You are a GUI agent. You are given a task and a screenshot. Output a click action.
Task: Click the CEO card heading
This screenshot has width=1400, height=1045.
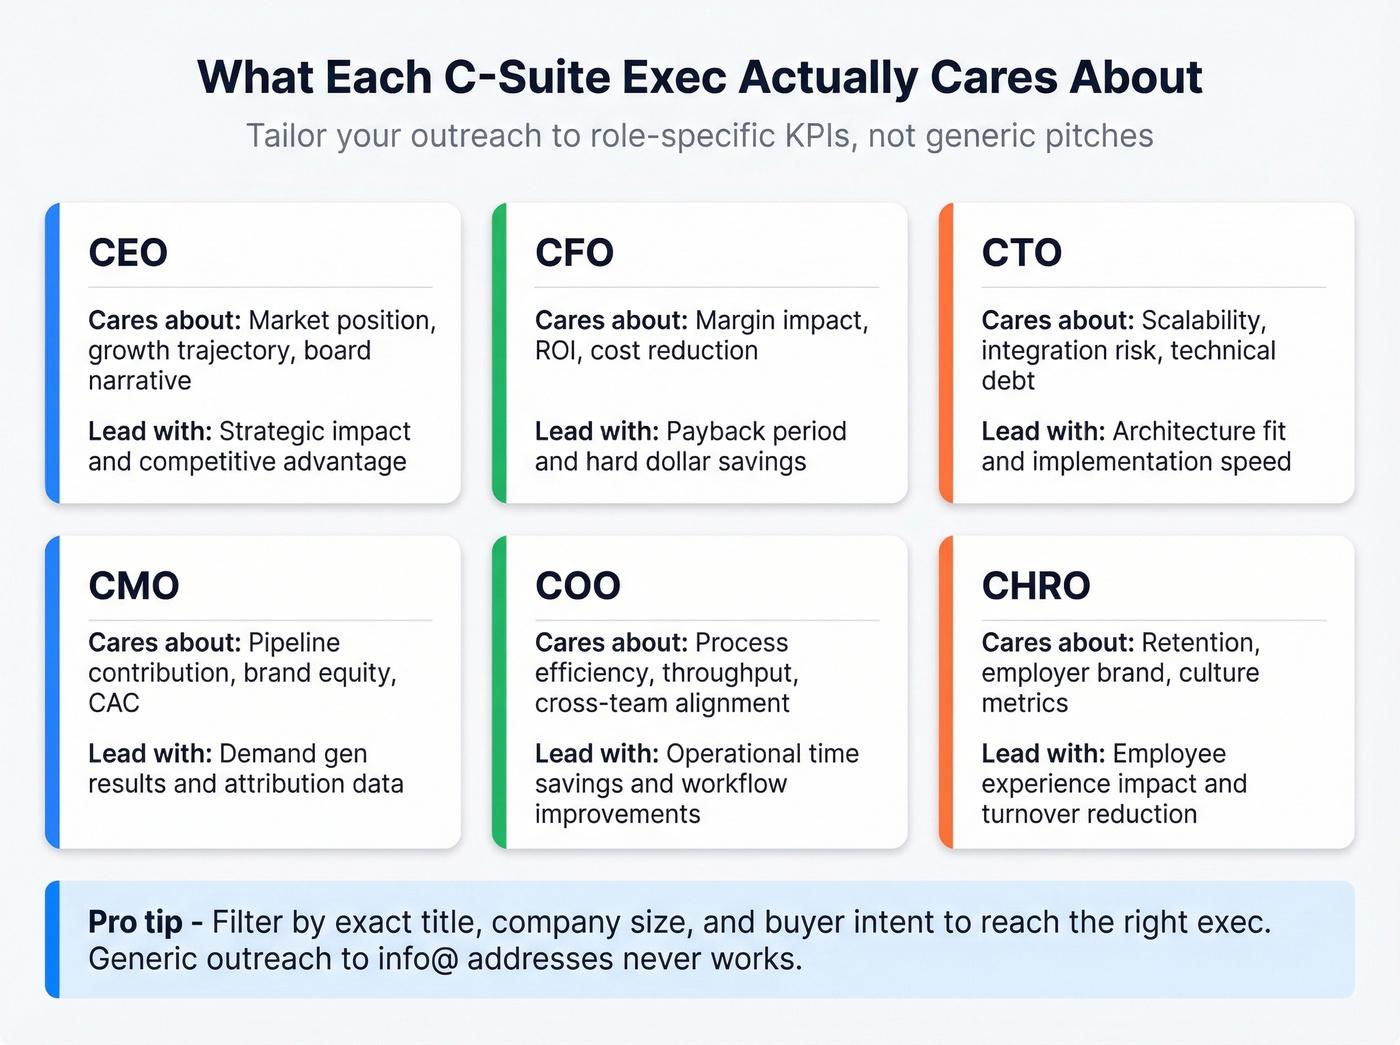click(x=128, y=253)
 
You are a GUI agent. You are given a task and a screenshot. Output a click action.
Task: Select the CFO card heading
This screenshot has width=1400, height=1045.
click(x=574, y=253)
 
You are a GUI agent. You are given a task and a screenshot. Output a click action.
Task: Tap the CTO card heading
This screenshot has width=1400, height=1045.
click(x=1021, y=253)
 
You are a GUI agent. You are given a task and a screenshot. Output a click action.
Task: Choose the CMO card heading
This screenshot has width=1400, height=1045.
click(x=134, y=586)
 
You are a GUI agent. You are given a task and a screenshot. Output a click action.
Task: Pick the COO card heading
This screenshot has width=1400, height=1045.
click(x=578, y=586)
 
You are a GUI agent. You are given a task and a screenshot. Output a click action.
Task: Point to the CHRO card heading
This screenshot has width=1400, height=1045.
click(x=1036, y=586)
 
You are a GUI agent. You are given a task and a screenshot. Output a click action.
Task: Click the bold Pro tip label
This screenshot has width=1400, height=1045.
click(x=135, y=922)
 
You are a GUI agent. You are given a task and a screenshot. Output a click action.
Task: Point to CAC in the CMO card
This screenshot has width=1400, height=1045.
click(x=114, y=703)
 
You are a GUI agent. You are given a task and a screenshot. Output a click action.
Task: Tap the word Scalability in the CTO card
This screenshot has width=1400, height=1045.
click(x=1204, y=321)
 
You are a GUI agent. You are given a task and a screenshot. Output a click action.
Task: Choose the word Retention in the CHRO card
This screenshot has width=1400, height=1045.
click(x=1201, y=643)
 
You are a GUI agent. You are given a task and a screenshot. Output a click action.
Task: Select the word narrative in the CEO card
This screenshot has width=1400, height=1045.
click(x=140, y=381)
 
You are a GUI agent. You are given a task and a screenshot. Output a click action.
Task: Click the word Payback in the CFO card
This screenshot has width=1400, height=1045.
click(x=712, y=432)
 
